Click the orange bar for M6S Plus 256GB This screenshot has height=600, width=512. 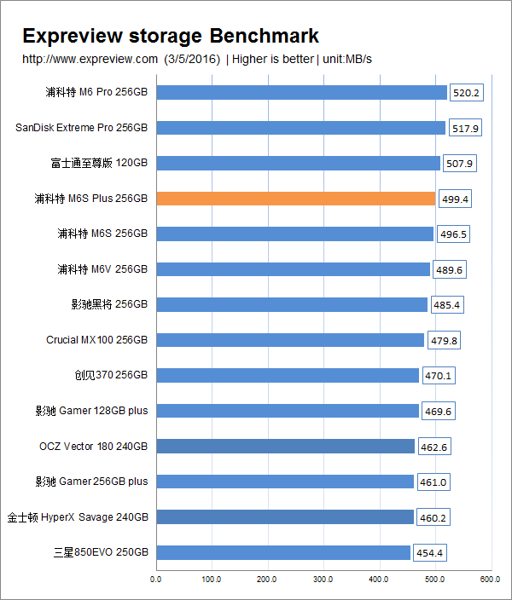295,199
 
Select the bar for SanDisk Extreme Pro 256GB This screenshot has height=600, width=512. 300,128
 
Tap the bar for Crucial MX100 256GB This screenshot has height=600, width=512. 290,340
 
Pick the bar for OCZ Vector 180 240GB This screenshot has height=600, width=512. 285,447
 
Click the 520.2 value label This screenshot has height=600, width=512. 466,93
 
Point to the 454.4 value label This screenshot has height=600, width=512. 429,553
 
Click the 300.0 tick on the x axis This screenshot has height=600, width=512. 323,580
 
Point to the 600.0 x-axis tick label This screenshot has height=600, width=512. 490,580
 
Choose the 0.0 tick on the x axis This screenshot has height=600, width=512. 155,580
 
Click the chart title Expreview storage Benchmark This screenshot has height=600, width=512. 171,36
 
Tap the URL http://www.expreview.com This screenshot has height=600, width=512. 90,59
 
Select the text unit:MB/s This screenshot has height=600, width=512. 347,59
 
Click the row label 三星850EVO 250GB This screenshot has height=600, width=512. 100,553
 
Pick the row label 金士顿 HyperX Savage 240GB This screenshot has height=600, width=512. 78,517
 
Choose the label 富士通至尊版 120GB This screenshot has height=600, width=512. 99,163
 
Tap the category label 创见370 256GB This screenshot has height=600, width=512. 111,375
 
